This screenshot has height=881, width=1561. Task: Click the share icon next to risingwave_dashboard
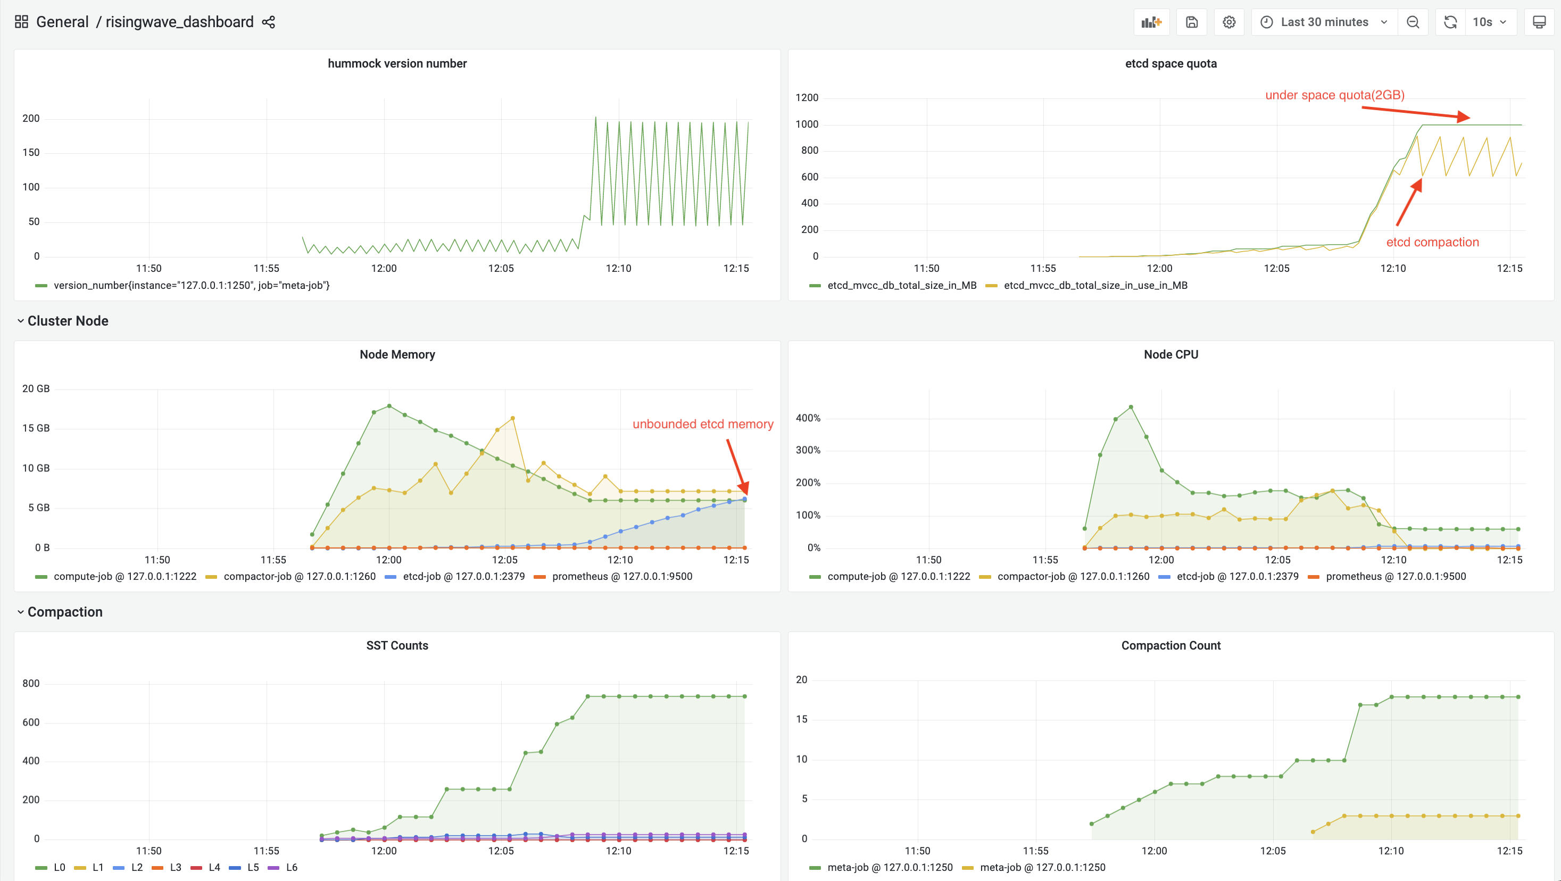[269, 22]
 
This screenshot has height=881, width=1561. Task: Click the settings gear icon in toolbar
[1228, 22]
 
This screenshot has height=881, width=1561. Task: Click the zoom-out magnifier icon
[1413, 22]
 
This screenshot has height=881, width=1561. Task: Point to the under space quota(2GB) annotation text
[1334, 95]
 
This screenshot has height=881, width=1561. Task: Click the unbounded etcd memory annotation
[702, 424]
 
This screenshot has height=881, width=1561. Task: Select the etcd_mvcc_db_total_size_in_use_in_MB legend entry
[1095, 285]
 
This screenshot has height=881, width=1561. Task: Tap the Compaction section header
[65, 612]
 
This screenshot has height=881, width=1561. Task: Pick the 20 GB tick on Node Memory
[36, 388]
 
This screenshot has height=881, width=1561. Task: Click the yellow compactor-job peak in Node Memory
[513, 418]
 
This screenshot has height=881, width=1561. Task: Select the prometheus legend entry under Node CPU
[1395, 576]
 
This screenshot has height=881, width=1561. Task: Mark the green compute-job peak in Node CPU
[1131, 407]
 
